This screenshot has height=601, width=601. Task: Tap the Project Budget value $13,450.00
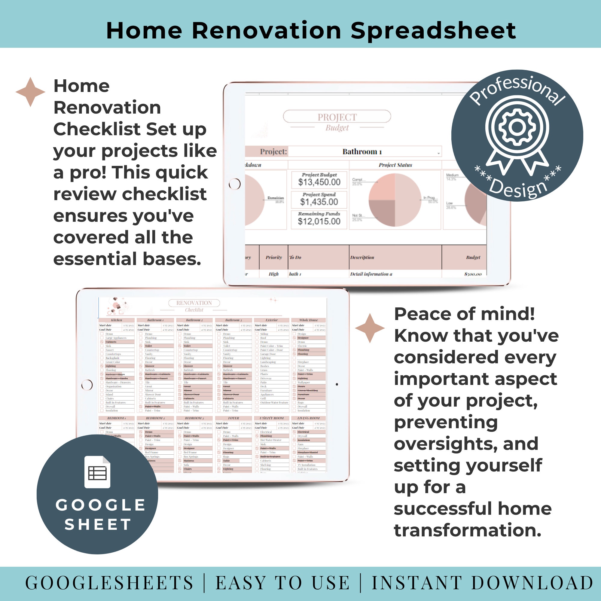pos(319,182)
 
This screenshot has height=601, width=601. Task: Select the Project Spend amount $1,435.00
pos(319,202)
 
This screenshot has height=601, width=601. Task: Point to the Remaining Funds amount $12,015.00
pos(319,221)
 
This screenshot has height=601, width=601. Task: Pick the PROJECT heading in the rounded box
pos(337,117)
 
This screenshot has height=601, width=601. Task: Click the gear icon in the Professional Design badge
pos(517,127)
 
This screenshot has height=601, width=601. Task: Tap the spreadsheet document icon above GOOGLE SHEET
pos(97,471)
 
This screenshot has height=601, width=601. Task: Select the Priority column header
pos(273,257)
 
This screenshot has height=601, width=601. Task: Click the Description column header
pos(362,257)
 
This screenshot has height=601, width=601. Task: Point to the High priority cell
pos(273,274)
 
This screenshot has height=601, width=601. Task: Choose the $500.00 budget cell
pos(472,274)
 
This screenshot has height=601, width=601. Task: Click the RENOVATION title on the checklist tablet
pos(194,303)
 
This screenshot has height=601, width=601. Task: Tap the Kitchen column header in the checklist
pos(116,320)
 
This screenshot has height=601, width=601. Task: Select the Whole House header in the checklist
pos(308,320)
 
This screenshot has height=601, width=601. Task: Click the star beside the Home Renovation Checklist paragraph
pos(30,92)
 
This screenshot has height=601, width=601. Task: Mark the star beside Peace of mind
pos(370,328)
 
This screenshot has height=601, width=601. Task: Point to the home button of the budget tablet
pos(235,184)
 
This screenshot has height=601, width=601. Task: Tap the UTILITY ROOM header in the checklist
pos(271,418)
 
